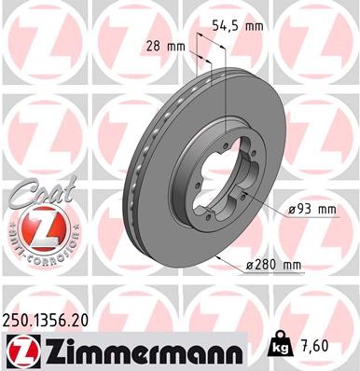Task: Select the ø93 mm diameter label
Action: tap(311, 210)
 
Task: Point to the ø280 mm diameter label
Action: tap(275, 265)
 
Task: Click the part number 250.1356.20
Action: tap(51, 319)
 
